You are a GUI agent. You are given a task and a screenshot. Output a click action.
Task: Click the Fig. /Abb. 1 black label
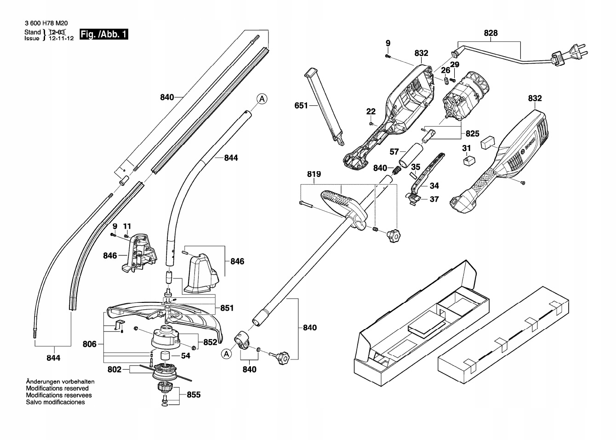(x=104, y=35)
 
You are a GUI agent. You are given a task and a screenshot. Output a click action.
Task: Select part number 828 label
(x=491, y=33)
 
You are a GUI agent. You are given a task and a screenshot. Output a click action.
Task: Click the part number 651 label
(x=301, y=106)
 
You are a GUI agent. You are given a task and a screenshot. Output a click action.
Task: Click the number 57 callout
(x=394, y=151)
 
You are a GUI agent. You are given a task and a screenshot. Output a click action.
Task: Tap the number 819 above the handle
(x=314, y=174)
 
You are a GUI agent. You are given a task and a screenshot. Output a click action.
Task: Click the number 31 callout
(x=467, y=148)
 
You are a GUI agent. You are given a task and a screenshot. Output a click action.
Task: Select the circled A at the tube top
(x=261, y=98)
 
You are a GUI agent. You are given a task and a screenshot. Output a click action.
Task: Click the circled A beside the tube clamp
(x=226, y=353)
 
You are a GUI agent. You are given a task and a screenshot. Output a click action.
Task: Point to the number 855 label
(x=194, y=395)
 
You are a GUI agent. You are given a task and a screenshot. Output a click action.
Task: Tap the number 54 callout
(x=186, y=356)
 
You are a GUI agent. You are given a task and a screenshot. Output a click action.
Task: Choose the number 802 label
(x=114, y=369)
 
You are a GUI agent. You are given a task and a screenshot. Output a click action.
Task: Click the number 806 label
(x=90, y=343)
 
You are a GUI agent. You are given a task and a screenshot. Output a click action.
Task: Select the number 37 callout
(x=434, y=199)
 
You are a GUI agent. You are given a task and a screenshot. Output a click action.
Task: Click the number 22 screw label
(x=371, y=111)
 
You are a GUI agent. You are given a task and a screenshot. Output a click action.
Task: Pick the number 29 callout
(x=455, y=64)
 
